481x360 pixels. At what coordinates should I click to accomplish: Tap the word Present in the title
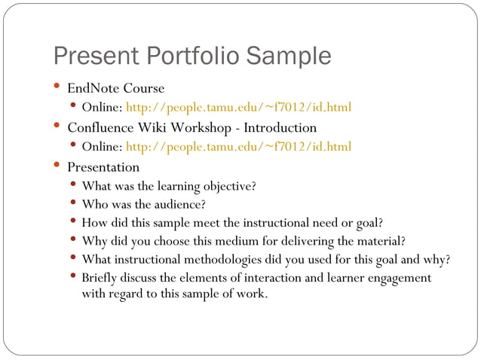point(97,56)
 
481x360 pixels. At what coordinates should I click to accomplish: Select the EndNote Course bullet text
point(115,88)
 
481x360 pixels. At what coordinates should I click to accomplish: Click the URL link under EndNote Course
point(238,108)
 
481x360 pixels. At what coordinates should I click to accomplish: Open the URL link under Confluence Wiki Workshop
point(238,147)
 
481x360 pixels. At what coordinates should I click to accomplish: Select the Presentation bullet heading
point(103,166)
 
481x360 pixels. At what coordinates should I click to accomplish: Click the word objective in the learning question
point(225,186)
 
